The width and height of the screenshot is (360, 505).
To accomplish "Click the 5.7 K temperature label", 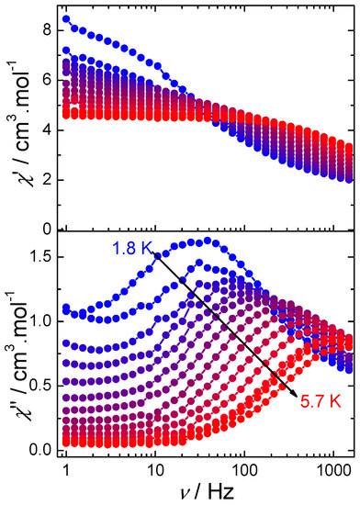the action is (x=321, y=401).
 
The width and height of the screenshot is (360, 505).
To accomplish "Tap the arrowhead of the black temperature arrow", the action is (x=293, y=394).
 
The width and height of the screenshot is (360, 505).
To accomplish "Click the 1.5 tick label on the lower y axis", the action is (x=40, y=257).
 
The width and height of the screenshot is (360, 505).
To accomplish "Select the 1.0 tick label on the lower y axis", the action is (x=40, y=321).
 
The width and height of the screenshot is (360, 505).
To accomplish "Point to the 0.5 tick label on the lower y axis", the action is (x=40, y=386).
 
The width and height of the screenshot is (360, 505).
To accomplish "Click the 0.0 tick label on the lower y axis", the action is (x=40, y=450).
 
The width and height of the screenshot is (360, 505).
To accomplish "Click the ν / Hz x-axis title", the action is (x=207, y=492).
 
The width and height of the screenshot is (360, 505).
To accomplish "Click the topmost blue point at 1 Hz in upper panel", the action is (x=66, y=19).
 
